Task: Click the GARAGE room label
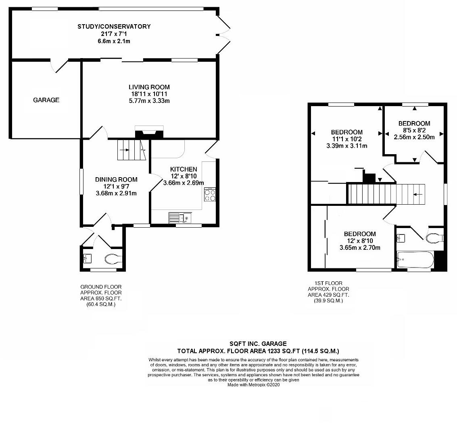[x=46, y=100]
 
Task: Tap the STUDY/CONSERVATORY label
[x=114, y=27]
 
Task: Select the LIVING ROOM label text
[x=149, y=87]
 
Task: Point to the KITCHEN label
[x=184, y=170]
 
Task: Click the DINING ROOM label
[x=116, y=180]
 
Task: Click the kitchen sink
[x=181, y=218]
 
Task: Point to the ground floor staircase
[x=131, y=150]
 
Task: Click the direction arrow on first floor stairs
[x=418, y=194]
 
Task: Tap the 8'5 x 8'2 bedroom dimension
[x=414, y=130]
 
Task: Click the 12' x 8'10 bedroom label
[x=360, y=234]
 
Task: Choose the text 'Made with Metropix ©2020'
[x=253, y=385]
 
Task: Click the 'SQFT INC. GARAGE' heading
[x=258, y=344]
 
